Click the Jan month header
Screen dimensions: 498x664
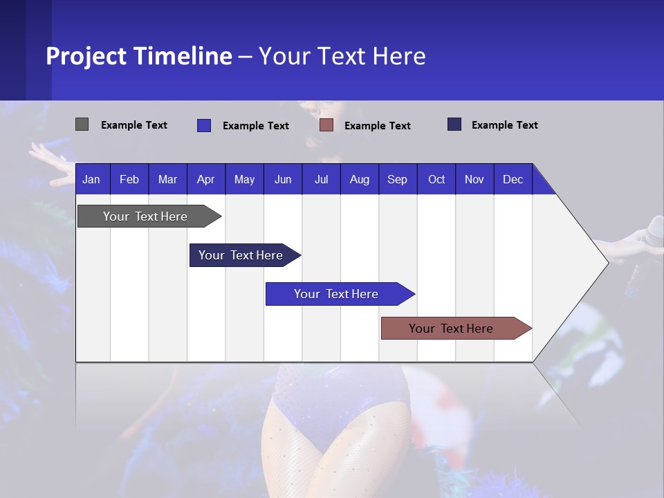click(91, 180)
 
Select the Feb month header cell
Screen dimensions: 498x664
click(129, 180)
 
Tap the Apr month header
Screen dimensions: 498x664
click(205, 180)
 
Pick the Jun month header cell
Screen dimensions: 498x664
click(283, 180)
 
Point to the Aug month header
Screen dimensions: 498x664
click(359, 180)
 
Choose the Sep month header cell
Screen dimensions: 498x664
click(397, 180)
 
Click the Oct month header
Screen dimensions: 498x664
click(436, 180)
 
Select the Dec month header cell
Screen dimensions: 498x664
click(513, 180)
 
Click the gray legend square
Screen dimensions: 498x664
click(82, 124)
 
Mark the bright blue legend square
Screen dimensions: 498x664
click(203, 125)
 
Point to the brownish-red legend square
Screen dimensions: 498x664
click(326, 125)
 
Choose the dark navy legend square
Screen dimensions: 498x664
click(454, 124)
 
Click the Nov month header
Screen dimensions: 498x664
click(474, 180)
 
